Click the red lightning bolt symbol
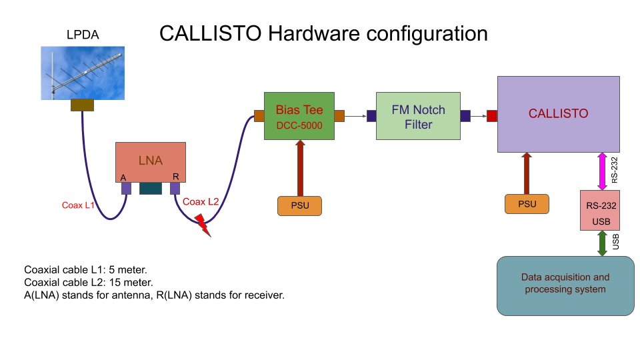(x=203, y=225)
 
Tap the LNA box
(x=151, y=162)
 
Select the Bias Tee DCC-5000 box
(x=299, y=116)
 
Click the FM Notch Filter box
(x=419, y=116)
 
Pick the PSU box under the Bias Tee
(x=299, y=206)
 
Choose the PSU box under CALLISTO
(x=527, y=204)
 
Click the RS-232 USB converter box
(x=600, y=210)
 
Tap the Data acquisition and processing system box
(x=565, y=286)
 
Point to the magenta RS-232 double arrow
(x=602, y=171)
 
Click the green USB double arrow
(x=602, y=243)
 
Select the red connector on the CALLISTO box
(x=492, y=116)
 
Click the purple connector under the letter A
(x=126, y=188)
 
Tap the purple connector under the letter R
(x=175, y=188)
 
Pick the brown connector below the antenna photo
(x=83, y=105)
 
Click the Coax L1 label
(x=78, y=205)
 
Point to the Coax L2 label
(x=201, y=201)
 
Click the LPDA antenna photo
(x=83, y=73)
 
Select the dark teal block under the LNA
(x=151, y=188)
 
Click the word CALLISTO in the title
(x=210, y=33)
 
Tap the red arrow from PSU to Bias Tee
(x=301, y=168)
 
